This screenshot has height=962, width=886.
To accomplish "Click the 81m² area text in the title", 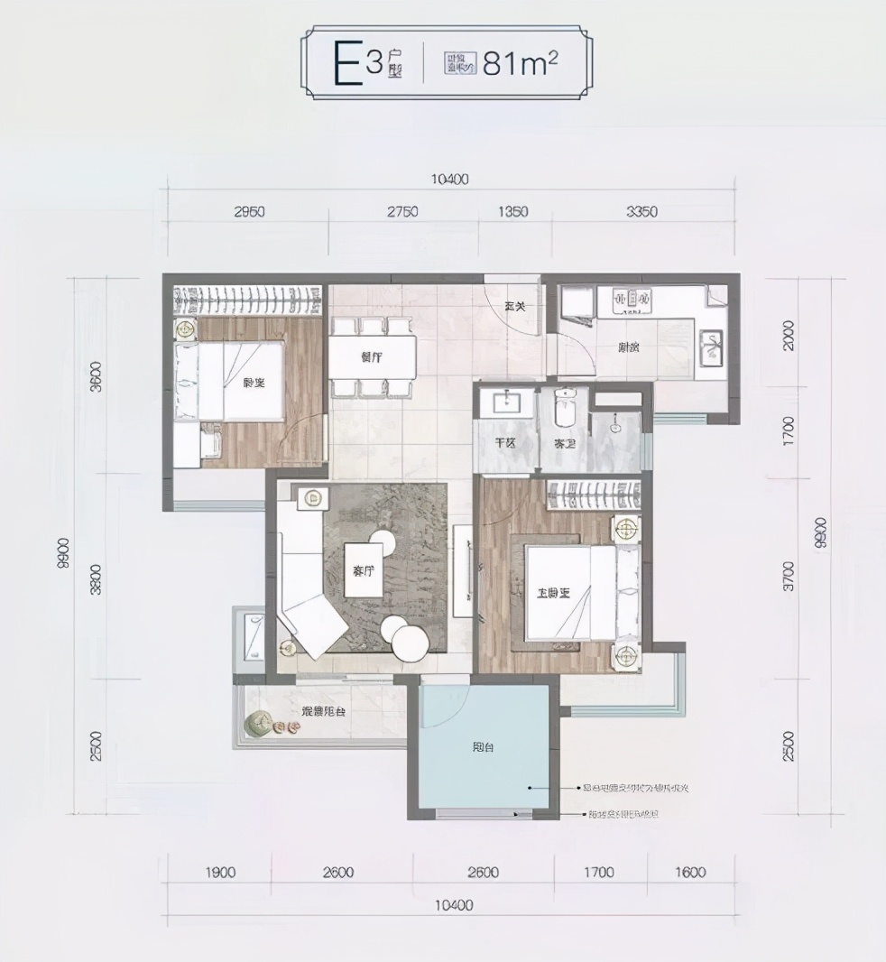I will [x=520, y=64].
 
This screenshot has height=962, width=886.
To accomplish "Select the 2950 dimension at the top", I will [x=249, y=213].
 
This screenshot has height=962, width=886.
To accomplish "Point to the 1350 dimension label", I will [x=512, y=213].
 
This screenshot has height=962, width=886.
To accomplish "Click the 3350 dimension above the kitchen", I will [x=641, y=213].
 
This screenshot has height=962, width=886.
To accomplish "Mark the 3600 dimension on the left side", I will [x=97, y=384].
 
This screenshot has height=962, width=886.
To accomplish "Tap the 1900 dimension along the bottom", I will [x=220, y=873].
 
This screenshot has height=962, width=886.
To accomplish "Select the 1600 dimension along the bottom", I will [x=689, y=873].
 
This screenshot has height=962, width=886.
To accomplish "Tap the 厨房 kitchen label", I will [x=630, y=347].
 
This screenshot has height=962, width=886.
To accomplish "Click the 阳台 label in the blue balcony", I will [x=483, y=748].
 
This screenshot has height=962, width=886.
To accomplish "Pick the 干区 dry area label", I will [x=503, y=444].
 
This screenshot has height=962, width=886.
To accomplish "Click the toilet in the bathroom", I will [x=566, y=411].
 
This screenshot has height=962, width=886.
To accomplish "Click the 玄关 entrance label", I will [x=514, y=307].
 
